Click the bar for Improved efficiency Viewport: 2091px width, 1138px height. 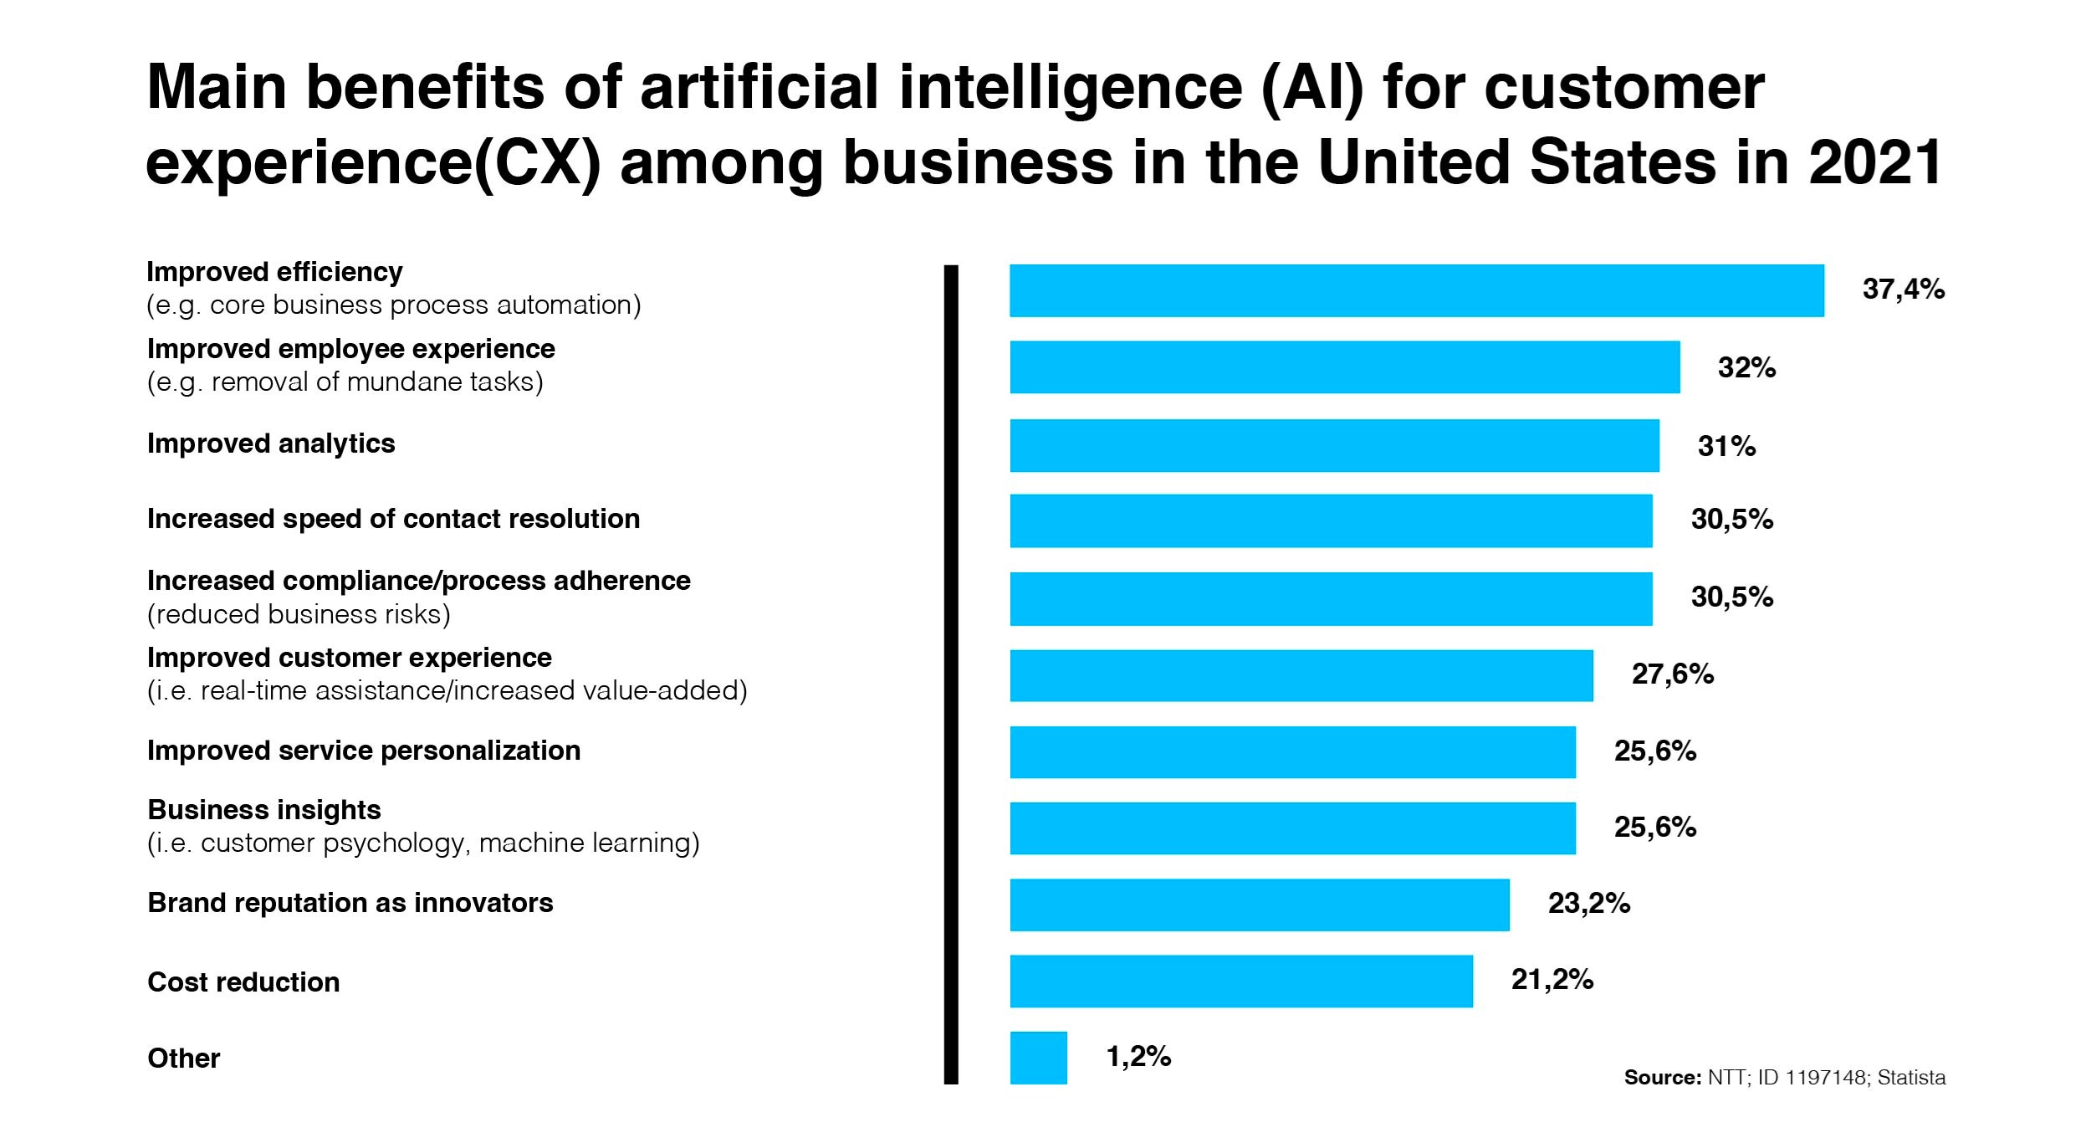1416,290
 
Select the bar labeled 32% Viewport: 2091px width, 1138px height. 1344,367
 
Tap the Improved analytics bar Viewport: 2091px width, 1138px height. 1334,445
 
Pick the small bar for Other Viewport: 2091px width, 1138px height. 1038,1058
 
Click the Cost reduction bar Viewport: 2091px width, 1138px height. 1240,981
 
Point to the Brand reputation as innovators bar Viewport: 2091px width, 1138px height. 1259,905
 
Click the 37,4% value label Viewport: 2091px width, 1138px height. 1903,290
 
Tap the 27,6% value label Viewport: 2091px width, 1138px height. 1672,674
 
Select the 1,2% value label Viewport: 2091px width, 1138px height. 1138,1057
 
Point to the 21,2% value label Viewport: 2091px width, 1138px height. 1552,980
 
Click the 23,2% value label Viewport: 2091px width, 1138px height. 1588,904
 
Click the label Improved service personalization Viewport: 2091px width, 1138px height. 364,751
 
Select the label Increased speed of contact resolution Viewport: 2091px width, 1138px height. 393,519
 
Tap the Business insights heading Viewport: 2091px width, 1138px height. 264,810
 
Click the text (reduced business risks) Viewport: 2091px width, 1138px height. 299,614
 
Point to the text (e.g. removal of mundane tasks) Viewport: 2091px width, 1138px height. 345,382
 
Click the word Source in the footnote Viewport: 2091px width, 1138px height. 1661,1078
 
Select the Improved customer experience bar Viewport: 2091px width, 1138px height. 1301,675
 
